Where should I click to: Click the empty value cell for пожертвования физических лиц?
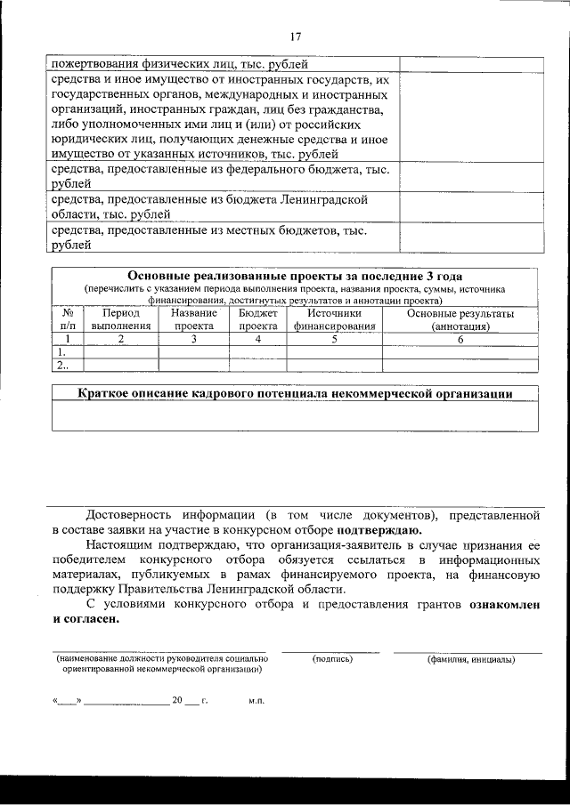click(468, 64)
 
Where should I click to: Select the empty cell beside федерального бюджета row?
click(468, 175)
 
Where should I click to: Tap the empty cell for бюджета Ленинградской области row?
click(468, 206)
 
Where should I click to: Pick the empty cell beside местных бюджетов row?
click(468, 237)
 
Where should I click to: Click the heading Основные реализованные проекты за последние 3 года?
click(295, 277)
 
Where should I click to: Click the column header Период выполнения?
click(121, 319)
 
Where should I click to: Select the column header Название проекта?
click(193, 319)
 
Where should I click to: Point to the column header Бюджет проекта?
click(257, 319)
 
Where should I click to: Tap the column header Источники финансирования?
click(334, 319)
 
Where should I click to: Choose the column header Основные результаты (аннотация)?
click(460, 319)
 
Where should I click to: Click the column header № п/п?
click(67, 319)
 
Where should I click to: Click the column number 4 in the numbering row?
click(257, 339)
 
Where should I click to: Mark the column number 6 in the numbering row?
click(460, 339)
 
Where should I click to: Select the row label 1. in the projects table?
click(62, 351)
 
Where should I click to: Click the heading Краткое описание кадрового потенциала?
click(295, 394)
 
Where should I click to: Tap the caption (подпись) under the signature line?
click(332, 659)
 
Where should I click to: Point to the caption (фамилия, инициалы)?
click(469, 659)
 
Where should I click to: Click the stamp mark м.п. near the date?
click(256, 701)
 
